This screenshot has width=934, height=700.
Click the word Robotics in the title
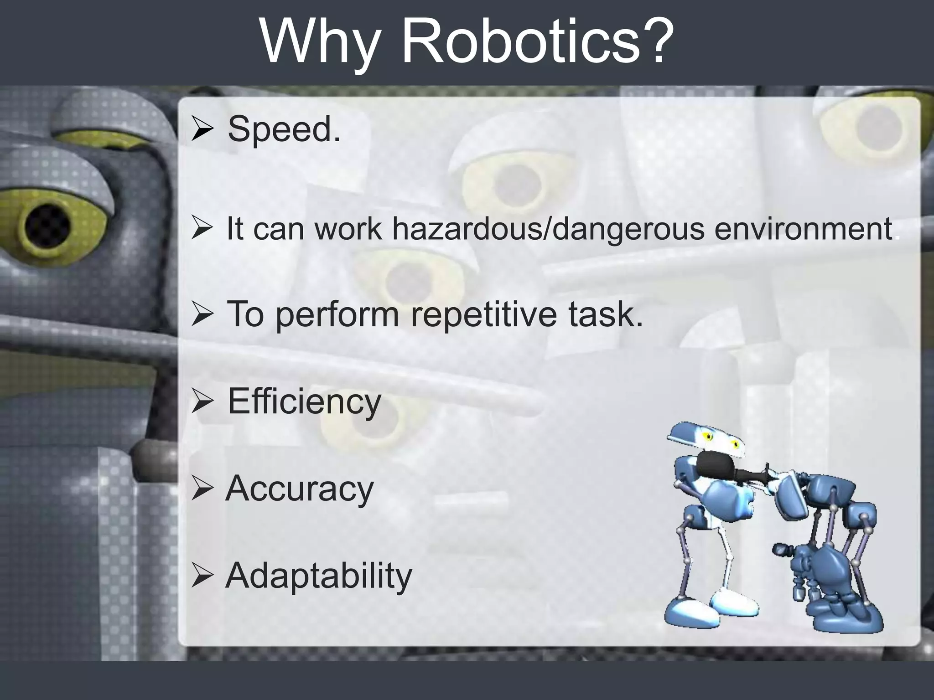point(522,42)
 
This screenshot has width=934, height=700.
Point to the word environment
point(803,229)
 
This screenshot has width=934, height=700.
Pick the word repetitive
point(483,315)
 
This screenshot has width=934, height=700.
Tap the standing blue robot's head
point(707,440)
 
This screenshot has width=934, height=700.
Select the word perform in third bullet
point(337,315)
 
